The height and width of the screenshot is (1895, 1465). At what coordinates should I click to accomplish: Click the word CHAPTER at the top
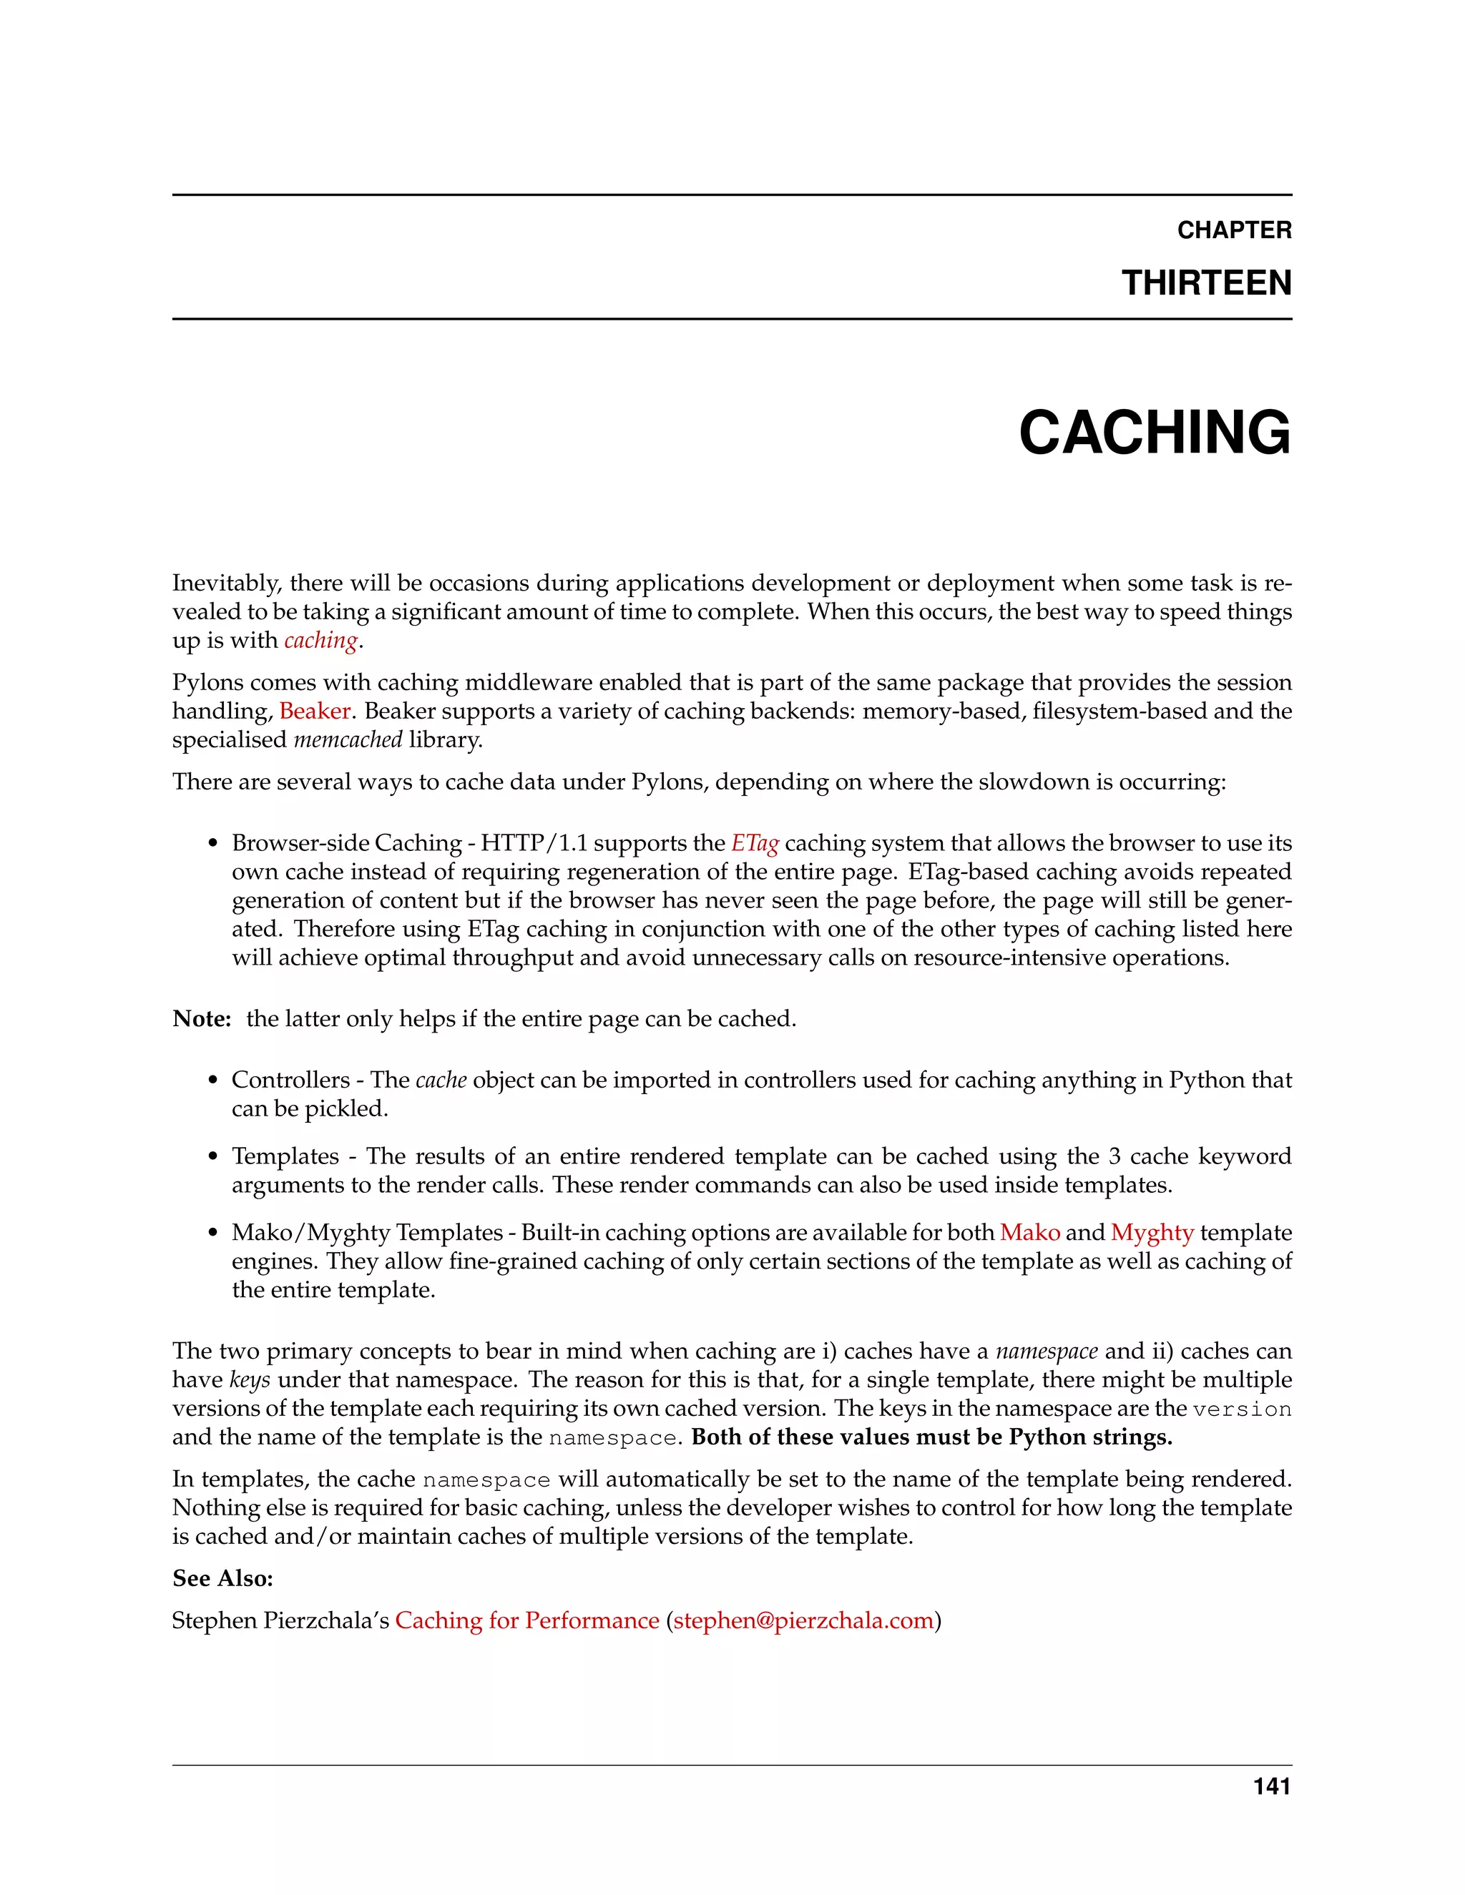(x=1233, y=230)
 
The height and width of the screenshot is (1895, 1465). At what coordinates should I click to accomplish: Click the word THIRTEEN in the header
(x=1205, y=283)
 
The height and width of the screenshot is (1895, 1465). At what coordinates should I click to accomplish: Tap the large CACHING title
(x=1155, y=432)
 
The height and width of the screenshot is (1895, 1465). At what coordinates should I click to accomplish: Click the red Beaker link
(x=314, y=711)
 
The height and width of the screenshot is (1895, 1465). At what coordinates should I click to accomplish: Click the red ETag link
(x=754, y=842)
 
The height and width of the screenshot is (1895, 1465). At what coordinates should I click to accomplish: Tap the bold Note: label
(x=201, y=1018)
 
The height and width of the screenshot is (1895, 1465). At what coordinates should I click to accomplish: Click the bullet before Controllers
(x=212, y=1081)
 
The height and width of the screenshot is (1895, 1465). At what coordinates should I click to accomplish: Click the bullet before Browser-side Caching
(x=212, y=845)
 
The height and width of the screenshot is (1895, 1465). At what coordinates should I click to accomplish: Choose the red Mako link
(x=1029, y=1232)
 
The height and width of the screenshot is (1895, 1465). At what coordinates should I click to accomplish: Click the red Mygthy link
(x=1152, y=1232)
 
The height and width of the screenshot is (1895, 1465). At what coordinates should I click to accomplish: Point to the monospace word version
(x=1241, y=1410)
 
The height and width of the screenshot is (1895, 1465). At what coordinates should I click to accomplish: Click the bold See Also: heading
(x=222, y=1577)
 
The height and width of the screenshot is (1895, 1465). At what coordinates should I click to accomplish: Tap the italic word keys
(x=249, y=1379)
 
